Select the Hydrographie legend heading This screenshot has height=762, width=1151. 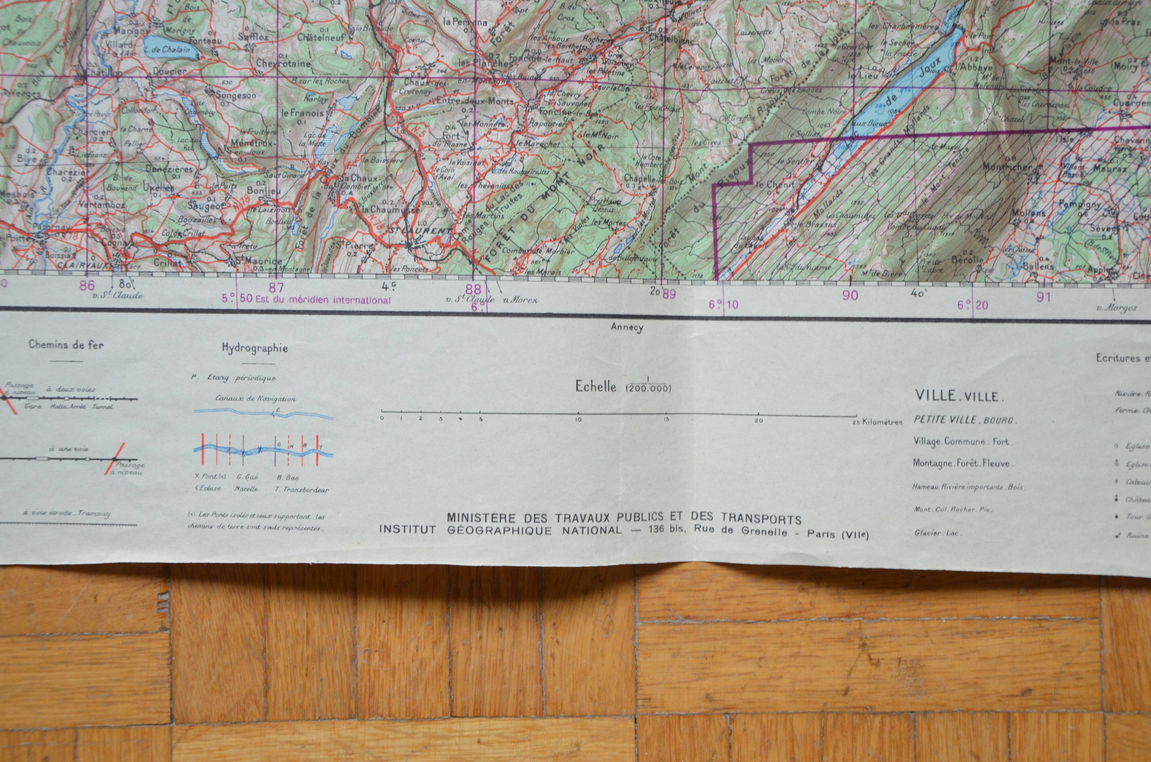[254, 348]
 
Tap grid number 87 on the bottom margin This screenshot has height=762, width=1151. [276, 286]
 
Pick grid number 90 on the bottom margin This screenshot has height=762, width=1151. [850, 295]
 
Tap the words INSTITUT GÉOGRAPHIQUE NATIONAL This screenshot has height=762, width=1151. [499, 530]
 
